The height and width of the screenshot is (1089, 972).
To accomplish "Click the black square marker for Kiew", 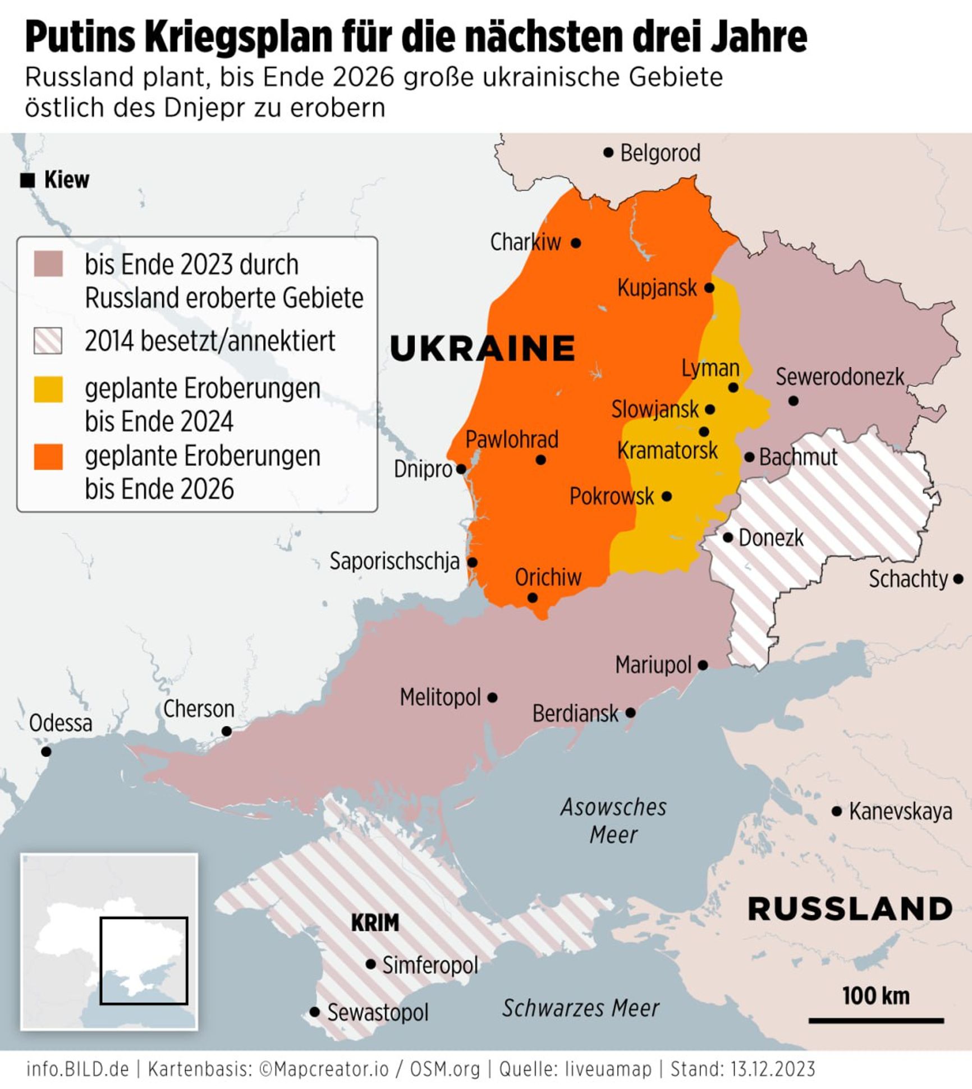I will (x=27, y=181).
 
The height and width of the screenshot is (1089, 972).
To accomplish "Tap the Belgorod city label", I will (x=660, y=153).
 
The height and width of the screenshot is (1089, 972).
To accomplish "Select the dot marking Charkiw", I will (x=576, y=243).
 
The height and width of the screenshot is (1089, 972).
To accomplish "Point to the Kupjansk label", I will (x=657, y=288).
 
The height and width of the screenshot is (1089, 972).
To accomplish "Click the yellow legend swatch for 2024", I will (x=48, y=389).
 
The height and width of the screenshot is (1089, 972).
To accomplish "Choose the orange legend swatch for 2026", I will (x=48, y=456).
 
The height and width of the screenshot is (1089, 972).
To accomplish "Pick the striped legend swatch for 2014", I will (x=48, y=341).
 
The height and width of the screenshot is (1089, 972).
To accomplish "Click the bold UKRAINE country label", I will (x=483, y=348).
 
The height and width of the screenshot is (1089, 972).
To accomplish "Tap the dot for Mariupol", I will (x=703, y=665).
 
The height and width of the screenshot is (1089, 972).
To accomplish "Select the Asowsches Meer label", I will (x=613, y=821).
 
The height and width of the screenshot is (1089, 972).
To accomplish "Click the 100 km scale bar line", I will (x=875, y=1021).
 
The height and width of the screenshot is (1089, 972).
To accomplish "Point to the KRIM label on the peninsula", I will (x=375, y=923).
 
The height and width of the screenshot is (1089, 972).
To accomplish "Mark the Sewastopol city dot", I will (x=315, y=1012).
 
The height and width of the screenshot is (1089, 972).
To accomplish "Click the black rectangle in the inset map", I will (x=144, y=961).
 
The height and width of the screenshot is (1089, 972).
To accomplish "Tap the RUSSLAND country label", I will (x=850, y=908).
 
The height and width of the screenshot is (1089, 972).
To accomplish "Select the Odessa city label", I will (x=61, y=723).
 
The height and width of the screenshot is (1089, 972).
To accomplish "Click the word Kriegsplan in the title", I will (x=239, y=36).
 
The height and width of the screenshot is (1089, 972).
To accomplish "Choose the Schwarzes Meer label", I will (x=580, y=1008).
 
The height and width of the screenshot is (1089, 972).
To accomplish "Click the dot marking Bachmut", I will (x=749, y=457).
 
